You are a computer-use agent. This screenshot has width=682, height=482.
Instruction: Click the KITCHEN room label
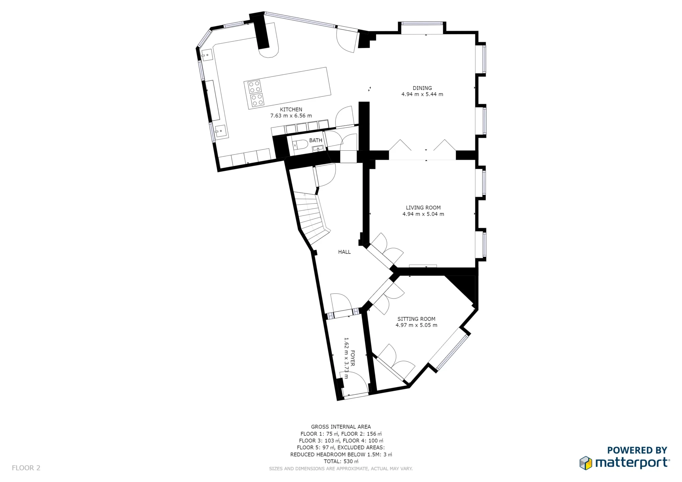291,109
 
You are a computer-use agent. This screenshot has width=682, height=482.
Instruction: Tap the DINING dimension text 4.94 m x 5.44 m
422,94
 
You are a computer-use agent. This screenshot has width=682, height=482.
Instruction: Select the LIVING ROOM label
423,208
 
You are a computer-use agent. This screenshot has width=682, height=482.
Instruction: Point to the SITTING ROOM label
416,319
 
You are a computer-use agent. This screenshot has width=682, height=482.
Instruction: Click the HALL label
344,252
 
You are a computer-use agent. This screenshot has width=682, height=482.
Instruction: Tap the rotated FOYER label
353,358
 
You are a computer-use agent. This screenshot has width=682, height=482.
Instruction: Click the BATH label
315,140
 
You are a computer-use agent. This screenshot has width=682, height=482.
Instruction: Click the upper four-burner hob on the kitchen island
254,87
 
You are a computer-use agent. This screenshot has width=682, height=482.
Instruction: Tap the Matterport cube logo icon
585,463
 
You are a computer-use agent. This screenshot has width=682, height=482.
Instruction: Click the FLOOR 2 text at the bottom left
26,468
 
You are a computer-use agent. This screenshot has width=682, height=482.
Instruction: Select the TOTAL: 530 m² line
341,462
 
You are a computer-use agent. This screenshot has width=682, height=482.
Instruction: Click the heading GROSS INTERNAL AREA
341,427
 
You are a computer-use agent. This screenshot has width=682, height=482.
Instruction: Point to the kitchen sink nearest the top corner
207,55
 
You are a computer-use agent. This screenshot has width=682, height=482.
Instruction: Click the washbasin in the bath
318,148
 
